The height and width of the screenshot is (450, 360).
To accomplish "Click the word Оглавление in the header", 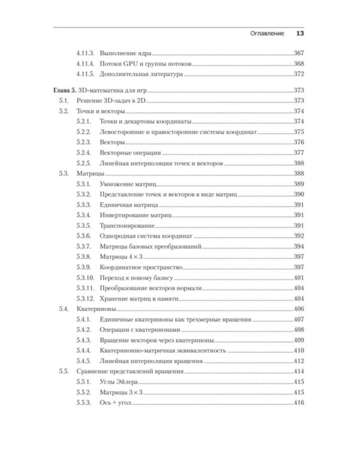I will [267, 34].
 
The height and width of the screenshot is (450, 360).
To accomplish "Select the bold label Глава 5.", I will [65, 90].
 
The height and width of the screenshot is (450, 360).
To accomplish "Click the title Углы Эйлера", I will [123, 382].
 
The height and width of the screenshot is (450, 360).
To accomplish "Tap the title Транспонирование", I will [128, 226].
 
